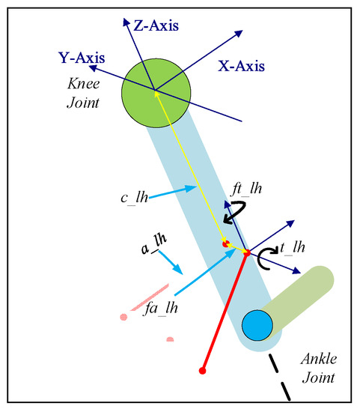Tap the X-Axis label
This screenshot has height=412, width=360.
tap(241, 66)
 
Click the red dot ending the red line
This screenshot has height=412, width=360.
tap(203, 370)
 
